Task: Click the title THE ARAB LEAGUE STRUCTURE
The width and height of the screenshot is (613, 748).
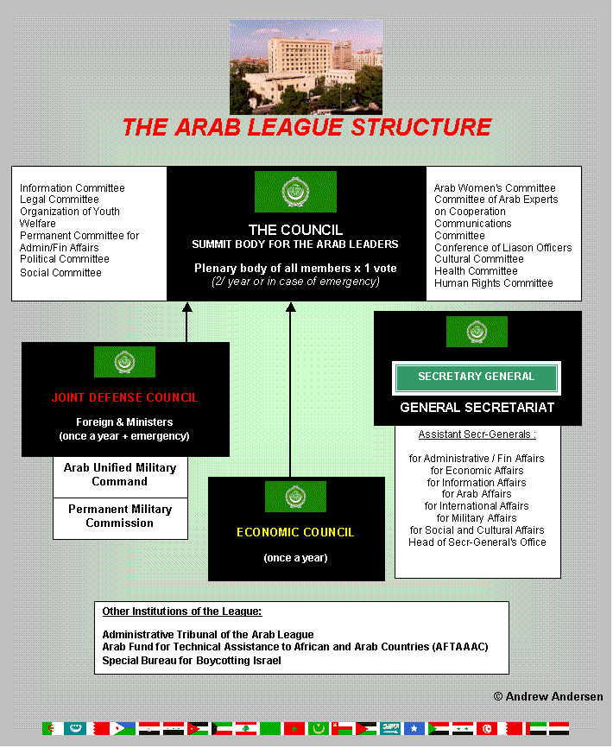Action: (306, 128)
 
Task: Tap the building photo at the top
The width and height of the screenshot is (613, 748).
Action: (294, 67)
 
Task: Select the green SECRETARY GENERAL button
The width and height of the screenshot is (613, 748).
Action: (477, 377)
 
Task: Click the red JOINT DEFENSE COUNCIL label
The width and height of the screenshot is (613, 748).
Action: (124, 398)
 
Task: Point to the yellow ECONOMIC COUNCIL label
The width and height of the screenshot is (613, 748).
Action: (295, 532)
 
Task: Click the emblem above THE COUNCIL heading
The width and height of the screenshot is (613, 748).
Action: (295, 192)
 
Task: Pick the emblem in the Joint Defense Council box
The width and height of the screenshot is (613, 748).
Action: (124, 362)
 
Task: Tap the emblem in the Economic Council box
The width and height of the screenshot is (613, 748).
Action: (295, 497)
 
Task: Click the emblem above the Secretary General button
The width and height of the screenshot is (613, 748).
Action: (477, 332)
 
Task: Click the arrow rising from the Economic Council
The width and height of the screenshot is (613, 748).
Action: (290, 389)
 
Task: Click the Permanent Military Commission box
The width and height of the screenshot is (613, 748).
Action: (120, 517)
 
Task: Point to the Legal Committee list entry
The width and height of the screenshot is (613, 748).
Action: (60, 200)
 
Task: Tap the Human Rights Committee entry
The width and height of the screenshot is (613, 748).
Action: (493, 283)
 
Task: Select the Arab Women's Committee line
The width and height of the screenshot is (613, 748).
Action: (495, 188)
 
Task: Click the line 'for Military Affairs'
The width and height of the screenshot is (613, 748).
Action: (477, 518)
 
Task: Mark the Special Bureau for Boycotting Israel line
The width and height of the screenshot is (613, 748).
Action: (191, 661)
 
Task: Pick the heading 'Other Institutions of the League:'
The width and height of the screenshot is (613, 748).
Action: (181, 612)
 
